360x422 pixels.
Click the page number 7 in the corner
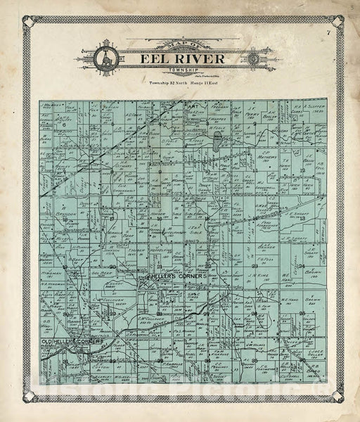(x=328, y=33)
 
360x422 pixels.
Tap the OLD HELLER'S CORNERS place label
(x=70, y=341)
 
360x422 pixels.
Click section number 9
(x=158, y=170)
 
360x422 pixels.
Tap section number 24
(x=301, y=267)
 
